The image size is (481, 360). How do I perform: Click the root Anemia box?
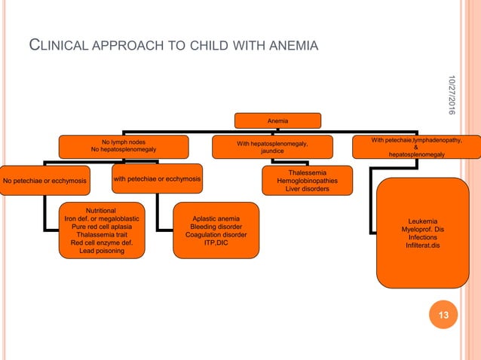click(277, 121)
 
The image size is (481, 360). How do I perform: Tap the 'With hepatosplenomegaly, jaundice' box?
click(272, 147)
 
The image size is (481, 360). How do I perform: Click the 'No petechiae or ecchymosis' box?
click(45, 181)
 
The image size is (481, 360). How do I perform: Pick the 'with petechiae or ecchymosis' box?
click(157, 179)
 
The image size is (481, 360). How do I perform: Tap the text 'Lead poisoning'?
click(102, 252)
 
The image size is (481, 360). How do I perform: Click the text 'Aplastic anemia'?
click(216, 218)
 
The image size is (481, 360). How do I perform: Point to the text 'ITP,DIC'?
click(216, 243)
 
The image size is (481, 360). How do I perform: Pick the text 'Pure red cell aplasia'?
click(102, 227)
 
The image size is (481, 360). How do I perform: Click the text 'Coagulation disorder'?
click(216, 235)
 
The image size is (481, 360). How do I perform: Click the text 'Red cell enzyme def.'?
click(102, 243)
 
